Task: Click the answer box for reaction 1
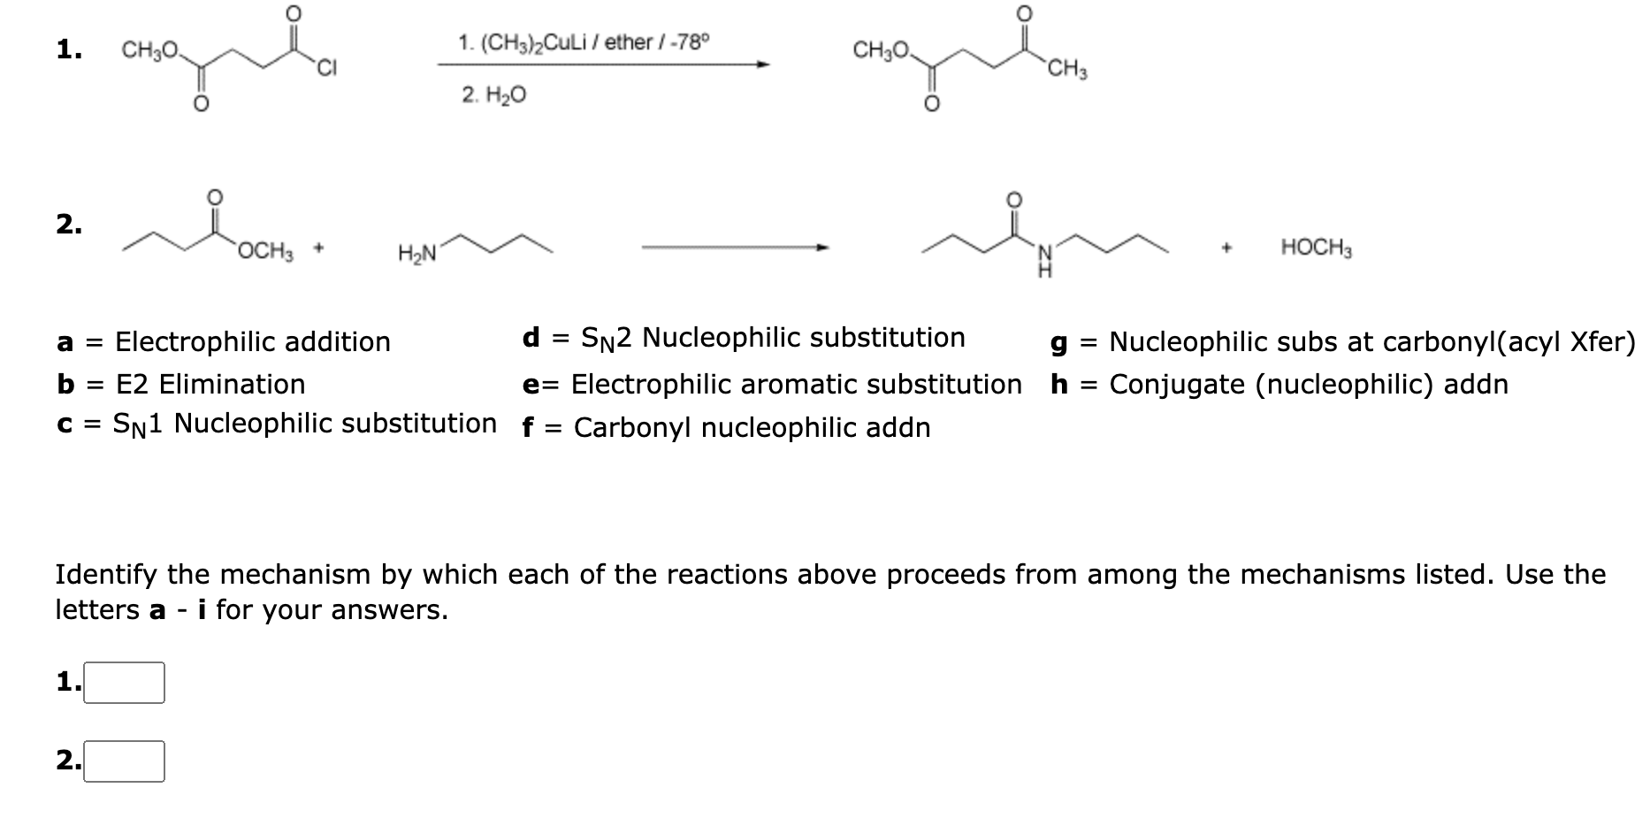tap(124, 683)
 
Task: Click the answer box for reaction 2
tap(124, 761)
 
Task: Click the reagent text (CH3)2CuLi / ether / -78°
tap(584, 42)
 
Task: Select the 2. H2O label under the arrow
tap(493, 94)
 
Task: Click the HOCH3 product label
tap(1316, 249)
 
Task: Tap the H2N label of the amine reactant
tap(416, 255)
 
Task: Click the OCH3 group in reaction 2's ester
tap(264, 250)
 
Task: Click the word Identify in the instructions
tap(107, 575)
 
